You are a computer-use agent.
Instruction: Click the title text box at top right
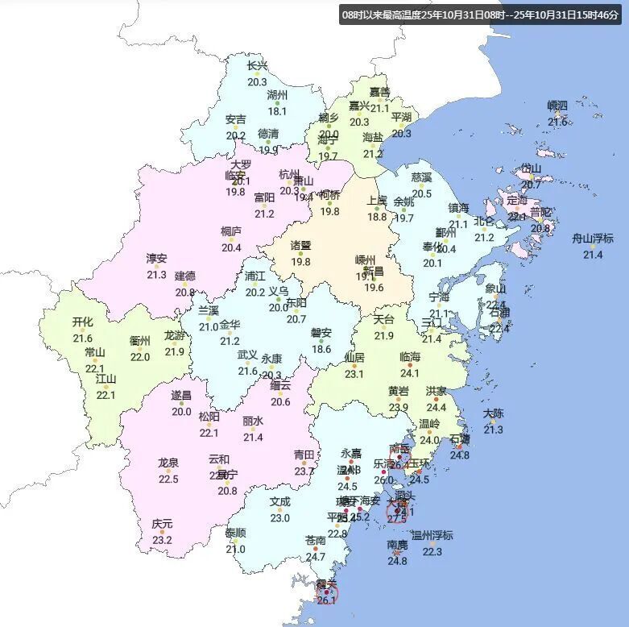(481, 15)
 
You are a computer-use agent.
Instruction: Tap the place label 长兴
(257, 66)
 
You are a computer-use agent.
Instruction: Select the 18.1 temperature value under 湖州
(277, 111)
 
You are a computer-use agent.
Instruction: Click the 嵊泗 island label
(557, 106)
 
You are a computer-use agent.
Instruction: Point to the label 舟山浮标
(592, 239)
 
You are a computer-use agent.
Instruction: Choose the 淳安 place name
(156, 259)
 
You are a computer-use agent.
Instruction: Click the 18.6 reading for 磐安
(321, 349)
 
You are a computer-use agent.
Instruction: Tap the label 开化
(83, 322)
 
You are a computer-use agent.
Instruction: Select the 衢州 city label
(140, 341)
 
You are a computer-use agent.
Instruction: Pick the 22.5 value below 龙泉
(168, 479)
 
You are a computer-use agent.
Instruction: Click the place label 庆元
(162, 524)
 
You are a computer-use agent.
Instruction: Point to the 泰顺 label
(236, 533)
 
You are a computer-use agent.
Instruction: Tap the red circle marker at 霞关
(327, 595)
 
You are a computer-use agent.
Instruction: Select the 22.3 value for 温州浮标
(432, 551)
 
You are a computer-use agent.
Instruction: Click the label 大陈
(493, 413)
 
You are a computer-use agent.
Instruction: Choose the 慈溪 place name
(422, 176)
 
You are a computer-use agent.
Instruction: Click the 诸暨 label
(300, 245)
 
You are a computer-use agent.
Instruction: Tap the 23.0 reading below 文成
(279, 517)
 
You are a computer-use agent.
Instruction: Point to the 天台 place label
(384, 319)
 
